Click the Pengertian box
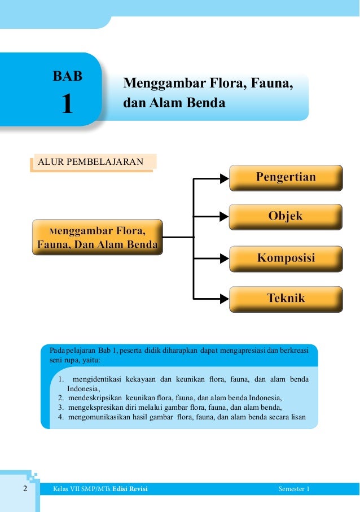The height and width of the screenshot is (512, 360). point(286,178)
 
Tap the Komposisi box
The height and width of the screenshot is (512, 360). point(286,259)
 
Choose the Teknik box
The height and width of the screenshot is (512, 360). point(286,298)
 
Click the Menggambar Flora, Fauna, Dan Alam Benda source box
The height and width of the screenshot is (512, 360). point(97,238)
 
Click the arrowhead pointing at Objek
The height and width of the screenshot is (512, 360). point(224,216)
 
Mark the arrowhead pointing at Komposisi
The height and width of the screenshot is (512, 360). point(224,257)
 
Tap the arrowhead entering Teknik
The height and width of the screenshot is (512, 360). point(224,297)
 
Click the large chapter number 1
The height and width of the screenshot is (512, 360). point(67,104)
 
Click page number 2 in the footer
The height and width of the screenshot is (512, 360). point(25,489)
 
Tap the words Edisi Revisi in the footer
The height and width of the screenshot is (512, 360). point(130,489)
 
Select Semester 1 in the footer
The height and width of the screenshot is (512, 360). point(295,489)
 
